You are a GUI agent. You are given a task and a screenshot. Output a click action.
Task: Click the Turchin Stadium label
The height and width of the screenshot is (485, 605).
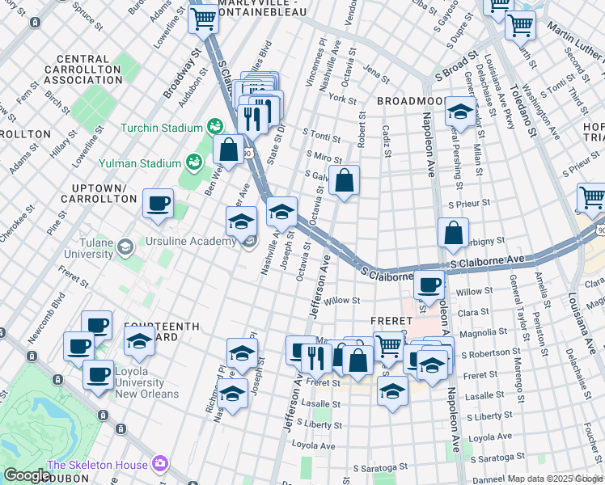(x=161, y=128)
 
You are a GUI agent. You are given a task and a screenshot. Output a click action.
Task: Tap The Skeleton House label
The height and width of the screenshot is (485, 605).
(x=97, y=465)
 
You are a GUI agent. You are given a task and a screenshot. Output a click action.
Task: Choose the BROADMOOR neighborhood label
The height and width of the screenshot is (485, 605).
(x=410, y=101)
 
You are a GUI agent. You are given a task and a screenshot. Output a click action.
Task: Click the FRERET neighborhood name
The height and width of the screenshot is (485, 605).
(x=392, y=320)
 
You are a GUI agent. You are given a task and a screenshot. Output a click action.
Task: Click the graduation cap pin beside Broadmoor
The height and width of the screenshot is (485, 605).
(x=459, y=112)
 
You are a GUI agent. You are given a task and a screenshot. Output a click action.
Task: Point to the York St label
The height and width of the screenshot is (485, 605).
(x=343, y=98)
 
